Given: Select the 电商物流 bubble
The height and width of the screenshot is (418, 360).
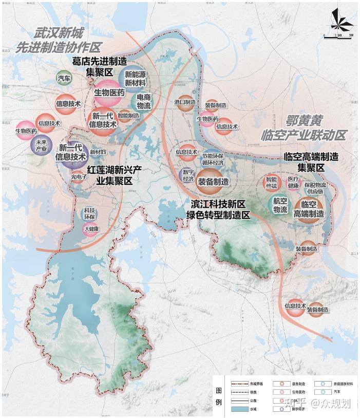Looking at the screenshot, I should (x=144, y=101).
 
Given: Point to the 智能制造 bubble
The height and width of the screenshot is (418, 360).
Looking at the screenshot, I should (x=127, y=116).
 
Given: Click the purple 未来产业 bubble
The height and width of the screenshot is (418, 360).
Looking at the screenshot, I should (x=41, y=146).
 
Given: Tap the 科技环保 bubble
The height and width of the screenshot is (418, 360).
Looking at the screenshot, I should (x=89, y=213).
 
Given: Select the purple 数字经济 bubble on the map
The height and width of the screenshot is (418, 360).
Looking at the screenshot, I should (x=188, y=175).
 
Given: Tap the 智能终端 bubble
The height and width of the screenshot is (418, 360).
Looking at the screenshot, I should (x=271, y=182).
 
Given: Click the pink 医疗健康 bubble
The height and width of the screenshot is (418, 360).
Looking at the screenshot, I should (x=293, y=182).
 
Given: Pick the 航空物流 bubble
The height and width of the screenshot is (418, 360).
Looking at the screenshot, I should (x=280, y=205).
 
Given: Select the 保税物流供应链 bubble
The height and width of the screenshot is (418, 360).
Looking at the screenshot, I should (x=315, y=188).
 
